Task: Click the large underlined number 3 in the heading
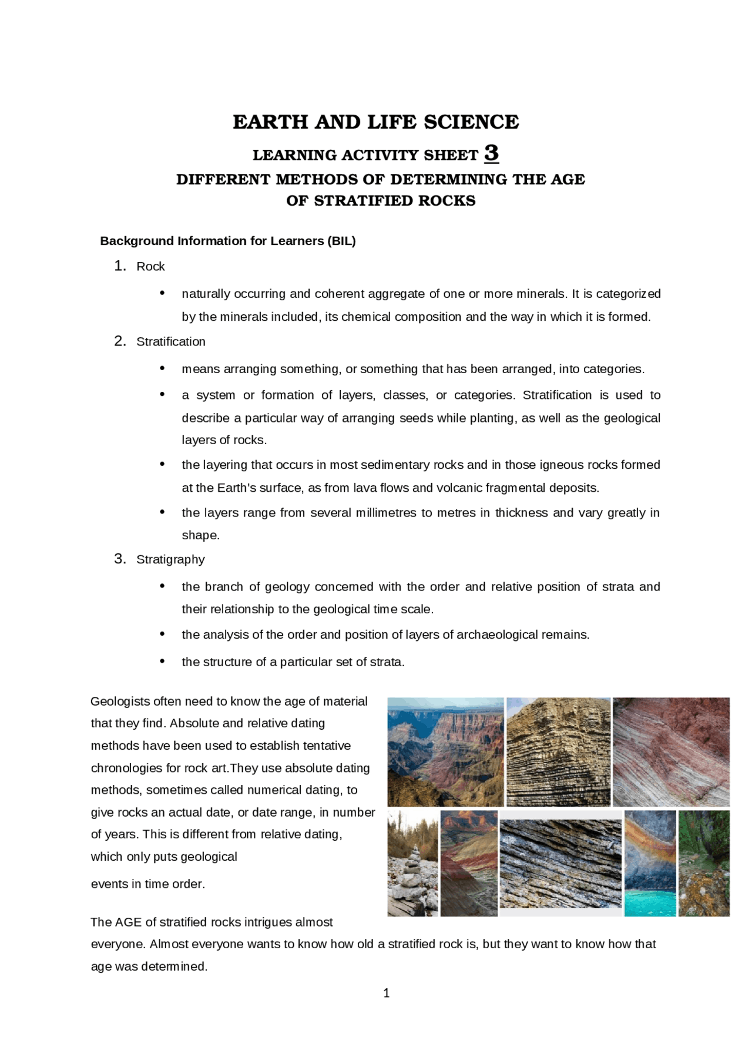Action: pos(491,153)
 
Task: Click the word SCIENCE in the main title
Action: pos(471,122)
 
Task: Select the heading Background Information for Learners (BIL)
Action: pos(228,241)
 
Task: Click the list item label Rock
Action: pos(150,267)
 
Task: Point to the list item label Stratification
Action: pos(171,342)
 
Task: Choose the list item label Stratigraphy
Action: pos(170,560)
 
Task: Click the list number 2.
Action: pos(119,341)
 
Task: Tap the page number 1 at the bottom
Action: pos(386,993)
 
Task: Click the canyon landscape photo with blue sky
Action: pos(445,751)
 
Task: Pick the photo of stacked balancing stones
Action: pos(412,864)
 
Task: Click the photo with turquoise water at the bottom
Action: pos(650,864)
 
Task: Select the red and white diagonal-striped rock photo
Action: pos(671,751)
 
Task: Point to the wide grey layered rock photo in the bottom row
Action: pos(560,864)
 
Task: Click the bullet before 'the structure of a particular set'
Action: pos(162,662)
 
